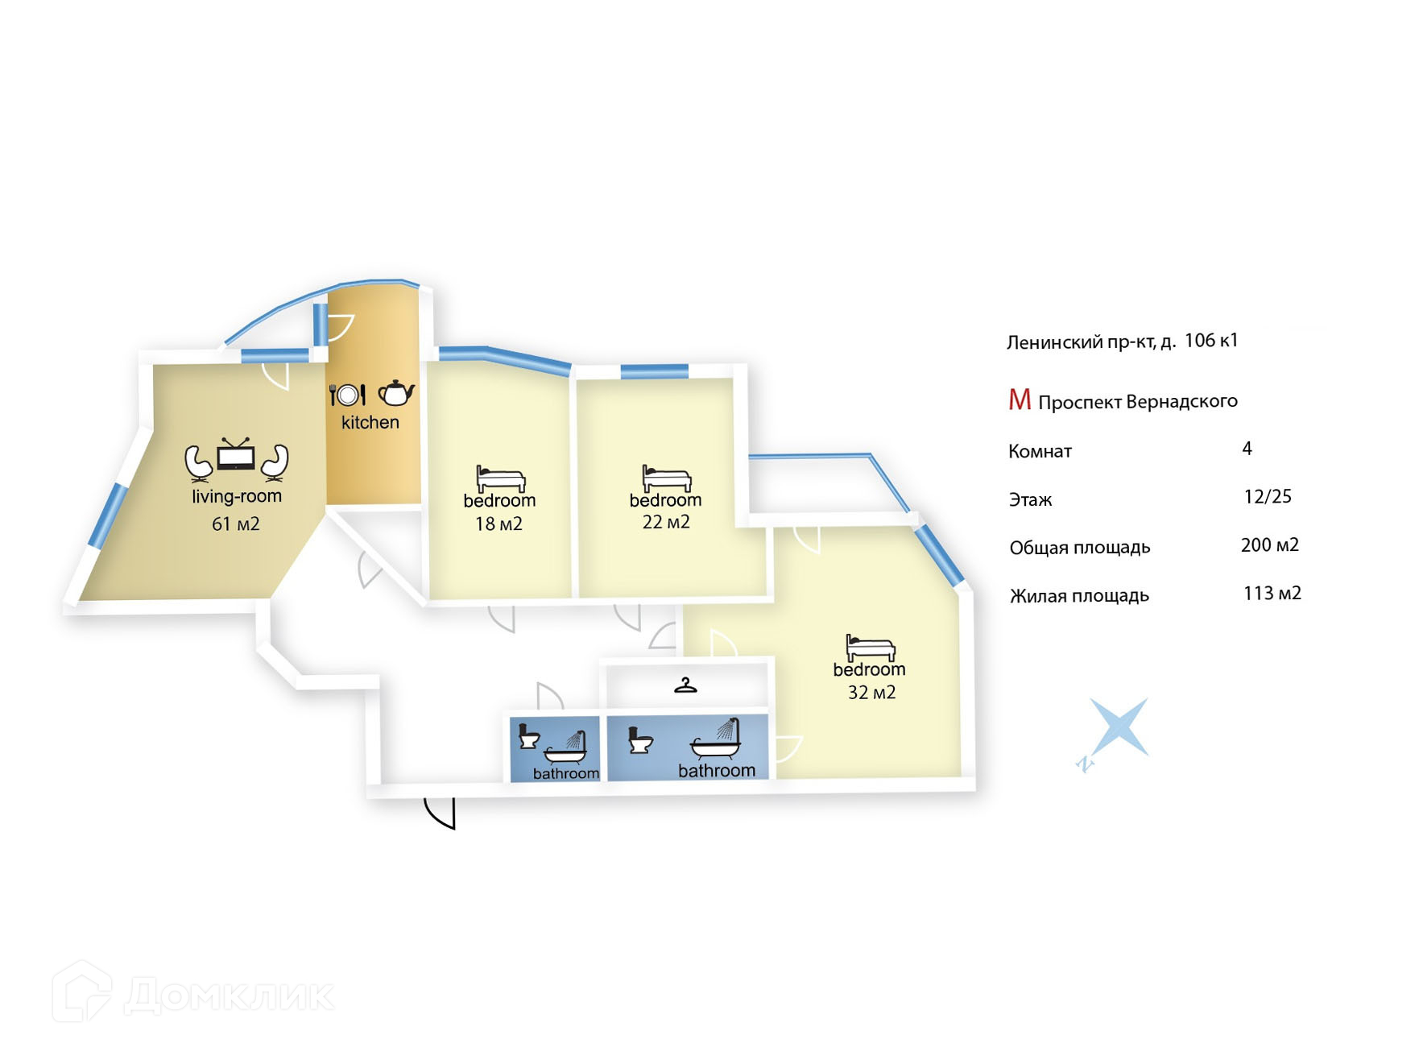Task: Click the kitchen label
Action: [x=370, y=422]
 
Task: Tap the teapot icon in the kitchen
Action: [x=395, y=393]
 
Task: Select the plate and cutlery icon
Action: [x=347, y=395]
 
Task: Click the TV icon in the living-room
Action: [x=236, y=455]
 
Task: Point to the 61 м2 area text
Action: [x=235, y=524]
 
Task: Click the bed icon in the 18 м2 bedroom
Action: [x=500, y=478]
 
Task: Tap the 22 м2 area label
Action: [x=665, y=522]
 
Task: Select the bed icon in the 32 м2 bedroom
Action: [x=870, y=648]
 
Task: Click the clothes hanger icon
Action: [x=685, y=686]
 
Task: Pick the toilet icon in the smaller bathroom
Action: [x=527, y=737]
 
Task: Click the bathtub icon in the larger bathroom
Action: [x=717, y=742]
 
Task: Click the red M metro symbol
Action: [x=1020, y=400]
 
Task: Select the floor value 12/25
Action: [x=1267, y=497]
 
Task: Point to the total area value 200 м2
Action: [x=1269, y=545]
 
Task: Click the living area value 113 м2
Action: [x=1272, y=594]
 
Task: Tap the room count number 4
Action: [x=1247, y=449]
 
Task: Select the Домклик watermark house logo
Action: [x=81, y=992]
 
